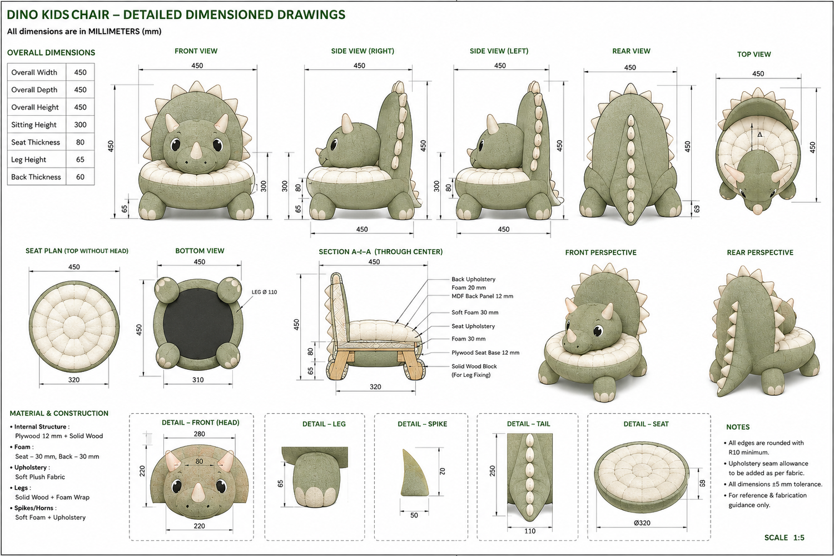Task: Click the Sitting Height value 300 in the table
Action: (80, 125)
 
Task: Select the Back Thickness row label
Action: (36, 177)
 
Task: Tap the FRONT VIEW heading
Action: (196, 51)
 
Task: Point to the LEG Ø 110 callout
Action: (264, 292)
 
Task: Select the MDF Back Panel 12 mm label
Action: (482, 296)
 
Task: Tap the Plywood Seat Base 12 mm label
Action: (485, 353)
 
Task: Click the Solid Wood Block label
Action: (474, 366)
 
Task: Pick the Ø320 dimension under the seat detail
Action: (642, 523)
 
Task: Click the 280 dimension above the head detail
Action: (199, 434)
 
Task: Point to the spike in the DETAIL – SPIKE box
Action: (414, 473)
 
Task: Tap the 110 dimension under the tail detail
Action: (530, 531)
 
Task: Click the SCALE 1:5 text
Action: (785, 538)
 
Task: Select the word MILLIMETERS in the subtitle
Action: (114, 31)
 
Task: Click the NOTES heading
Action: (738, 427)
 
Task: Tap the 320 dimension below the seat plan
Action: (74, 380)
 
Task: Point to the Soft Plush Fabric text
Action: (40, 476)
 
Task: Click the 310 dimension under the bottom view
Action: (198, 380)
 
